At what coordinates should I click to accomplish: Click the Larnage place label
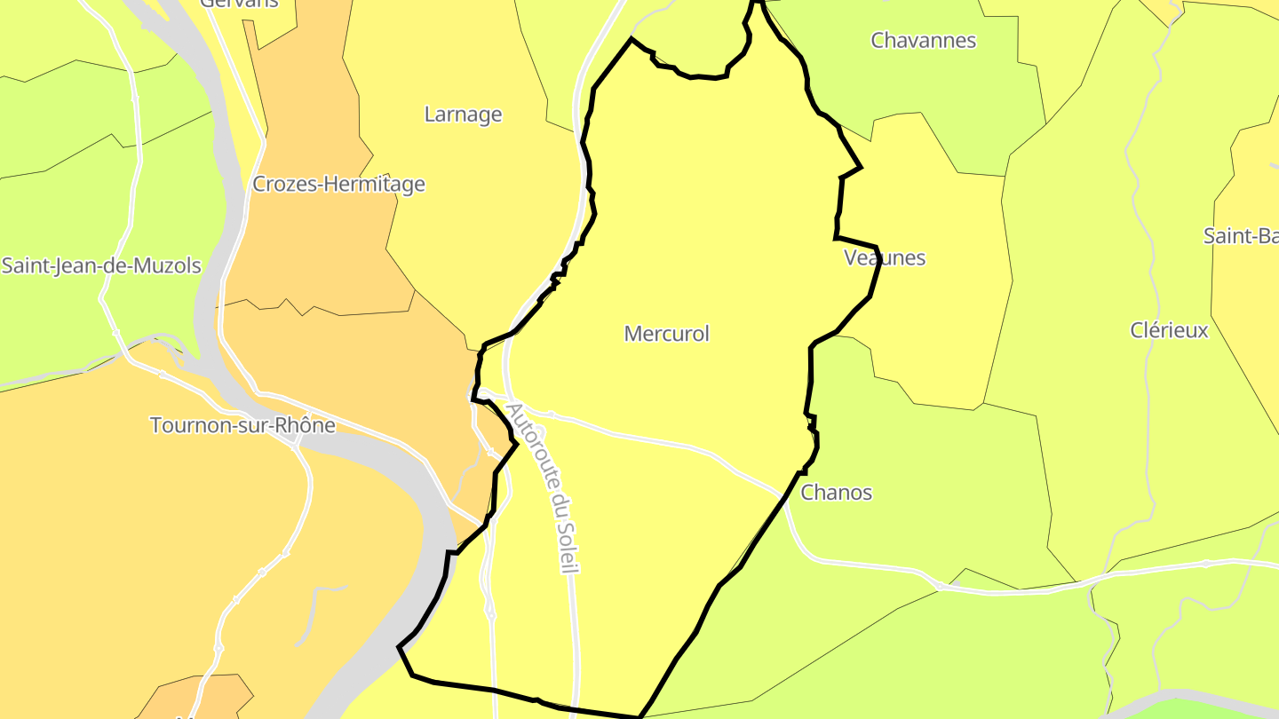tap(463, 115)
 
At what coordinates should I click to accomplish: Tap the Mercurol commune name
tap(667, 334)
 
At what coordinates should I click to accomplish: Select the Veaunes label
tap(885, 258)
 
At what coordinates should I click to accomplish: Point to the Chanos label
tap(837, 493)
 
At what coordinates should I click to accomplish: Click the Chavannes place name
tap(924, 41)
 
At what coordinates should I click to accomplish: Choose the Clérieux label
tap(1169, 331)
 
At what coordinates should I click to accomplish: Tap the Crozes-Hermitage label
tap(338, 185)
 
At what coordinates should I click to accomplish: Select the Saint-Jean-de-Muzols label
tap(101, 266)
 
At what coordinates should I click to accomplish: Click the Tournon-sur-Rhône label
tap(242, 425)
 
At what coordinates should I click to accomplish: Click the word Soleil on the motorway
tap(566, 545)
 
